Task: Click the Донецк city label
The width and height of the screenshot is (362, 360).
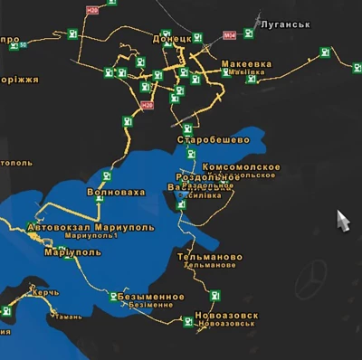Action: tap(171, 40)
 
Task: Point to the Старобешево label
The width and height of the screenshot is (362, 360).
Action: tap(212, 142)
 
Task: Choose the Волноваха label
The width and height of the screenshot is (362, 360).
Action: tap(115, 193)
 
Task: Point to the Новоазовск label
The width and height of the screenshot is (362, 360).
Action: tap(226, 316)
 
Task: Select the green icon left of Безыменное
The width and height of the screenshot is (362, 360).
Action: tap(112, 296)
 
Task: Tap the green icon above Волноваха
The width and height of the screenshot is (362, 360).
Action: tap(107, 176)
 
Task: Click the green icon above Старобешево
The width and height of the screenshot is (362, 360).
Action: tap(186, 129)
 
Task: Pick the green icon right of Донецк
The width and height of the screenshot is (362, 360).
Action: tap(197, 40)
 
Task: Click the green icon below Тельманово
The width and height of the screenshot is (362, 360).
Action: tap(214, 295)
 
